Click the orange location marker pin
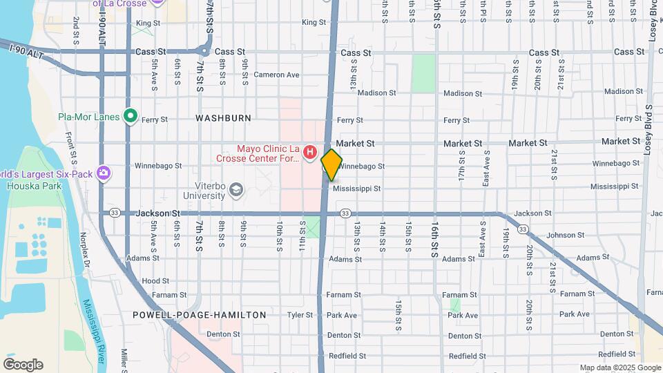[331, 164]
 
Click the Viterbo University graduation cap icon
[237, 190]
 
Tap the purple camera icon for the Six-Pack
[104, 172]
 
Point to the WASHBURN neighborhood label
[223, 118]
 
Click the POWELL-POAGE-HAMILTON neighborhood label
[199, 315]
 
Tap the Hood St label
[155, 281]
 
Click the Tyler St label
[300, 315]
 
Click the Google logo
[23, 365]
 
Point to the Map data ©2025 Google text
[619, 367]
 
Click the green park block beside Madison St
[423, 73]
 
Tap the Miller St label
[125, 358]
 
